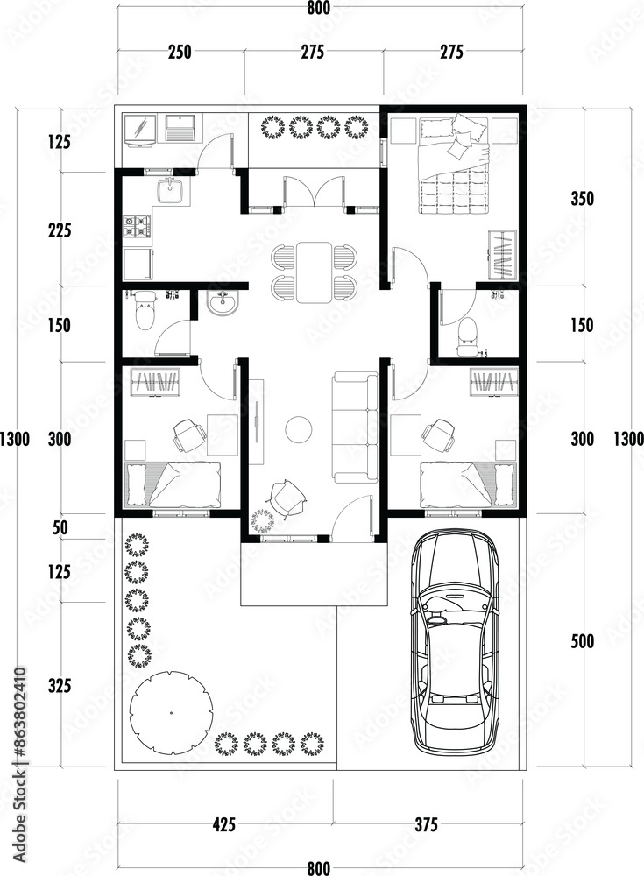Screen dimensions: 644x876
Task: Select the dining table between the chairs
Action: pos(314,272)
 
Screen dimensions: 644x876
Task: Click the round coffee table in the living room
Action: pos(299,429)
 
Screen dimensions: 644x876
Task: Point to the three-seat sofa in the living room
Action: pos(356,428)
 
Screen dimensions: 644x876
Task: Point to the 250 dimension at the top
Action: pos(180,52)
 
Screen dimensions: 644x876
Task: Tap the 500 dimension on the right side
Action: pos(582,641)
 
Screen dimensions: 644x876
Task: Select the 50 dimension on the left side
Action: pos(60,528)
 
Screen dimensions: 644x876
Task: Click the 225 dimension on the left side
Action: pos(60,230)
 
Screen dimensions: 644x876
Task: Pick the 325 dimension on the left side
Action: pos(60,686)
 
